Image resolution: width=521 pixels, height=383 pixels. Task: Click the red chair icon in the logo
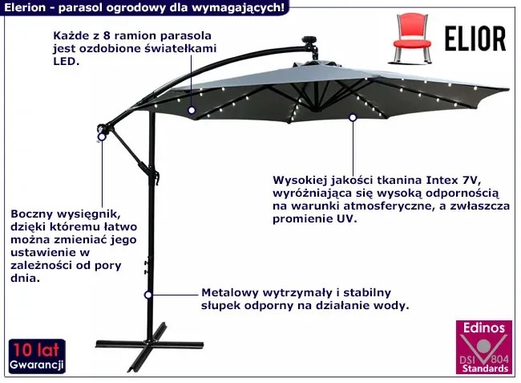point(410,35)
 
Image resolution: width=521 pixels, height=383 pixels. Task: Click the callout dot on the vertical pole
point(147,295)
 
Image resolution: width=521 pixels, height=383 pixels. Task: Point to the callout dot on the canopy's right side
point(352,118)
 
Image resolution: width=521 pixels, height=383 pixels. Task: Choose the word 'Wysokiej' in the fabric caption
point(298,181)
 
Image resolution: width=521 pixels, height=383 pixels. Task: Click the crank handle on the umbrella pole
point(146,266)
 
